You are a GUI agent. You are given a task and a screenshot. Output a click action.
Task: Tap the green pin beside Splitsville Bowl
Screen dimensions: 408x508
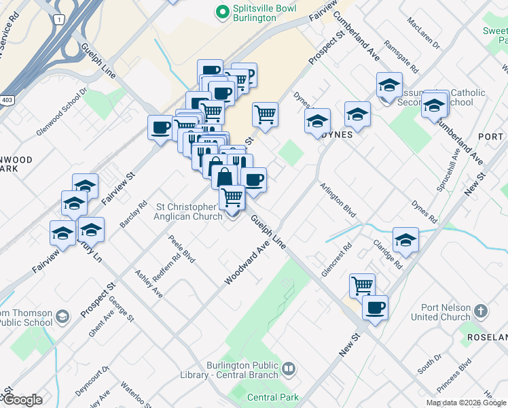coord(221,11)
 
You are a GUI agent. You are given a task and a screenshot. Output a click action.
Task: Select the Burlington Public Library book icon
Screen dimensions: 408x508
coord(289,369)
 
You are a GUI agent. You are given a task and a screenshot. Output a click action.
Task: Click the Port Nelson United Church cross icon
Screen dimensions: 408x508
coord(481,311)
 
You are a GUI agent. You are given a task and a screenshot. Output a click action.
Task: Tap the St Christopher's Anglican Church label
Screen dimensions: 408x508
coord(189,211)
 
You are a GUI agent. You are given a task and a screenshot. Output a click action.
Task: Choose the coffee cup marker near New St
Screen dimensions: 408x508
coord(375,307)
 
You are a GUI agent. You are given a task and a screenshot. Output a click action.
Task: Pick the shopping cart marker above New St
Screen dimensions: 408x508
coord(363,285)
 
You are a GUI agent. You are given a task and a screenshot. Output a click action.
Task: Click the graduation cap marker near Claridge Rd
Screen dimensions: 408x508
coord(405,239)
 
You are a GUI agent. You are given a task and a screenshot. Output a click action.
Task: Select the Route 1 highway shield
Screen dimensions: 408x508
coord(60,20)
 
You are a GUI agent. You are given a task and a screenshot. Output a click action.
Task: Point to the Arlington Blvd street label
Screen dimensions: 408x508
coord(338,199)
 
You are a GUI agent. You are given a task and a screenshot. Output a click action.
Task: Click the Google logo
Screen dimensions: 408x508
coord(22,400)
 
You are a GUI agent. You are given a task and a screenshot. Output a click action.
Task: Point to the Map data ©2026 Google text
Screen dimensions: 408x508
coord(466,403)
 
